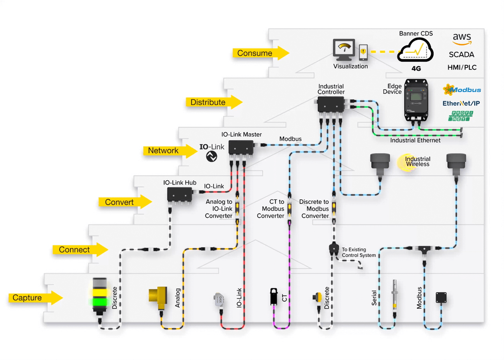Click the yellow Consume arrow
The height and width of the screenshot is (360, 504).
point(261,53)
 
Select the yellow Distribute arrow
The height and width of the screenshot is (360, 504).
point(214,102)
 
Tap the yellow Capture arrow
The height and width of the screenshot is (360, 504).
point(35,298)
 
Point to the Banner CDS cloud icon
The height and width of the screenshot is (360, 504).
point(415,50)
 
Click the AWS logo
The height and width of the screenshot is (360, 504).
point(462,39)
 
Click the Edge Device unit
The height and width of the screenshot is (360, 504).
point(416,100)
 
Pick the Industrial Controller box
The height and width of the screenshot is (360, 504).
point(331,104)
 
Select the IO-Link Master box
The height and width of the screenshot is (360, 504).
point(241,148)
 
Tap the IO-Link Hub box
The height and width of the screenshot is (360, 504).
point(180,195)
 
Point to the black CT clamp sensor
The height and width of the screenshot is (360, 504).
point(273,296)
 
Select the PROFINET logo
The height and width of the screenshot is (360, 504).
point(461,116)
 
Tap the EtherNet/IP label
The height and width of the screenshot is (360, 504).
point(461,103)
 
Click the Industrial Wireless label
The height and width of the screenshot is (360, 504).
point(418,162)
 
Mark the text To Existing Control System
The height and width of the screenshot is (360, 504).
point(359,252)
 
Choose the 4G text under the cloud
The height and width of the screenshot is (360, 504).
point(416,69)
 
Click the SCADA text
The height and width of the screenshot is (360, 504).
point(462,55)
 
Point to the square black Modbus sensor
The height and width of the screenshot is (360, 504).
point(441,297)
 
